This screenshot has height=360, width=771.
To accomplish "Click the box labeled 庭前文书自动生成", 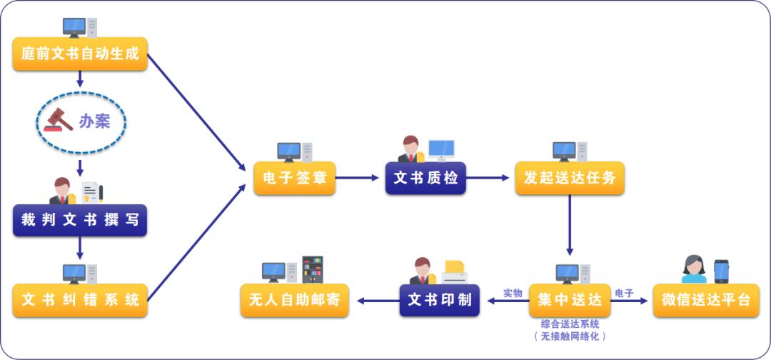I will (x=80, y=54).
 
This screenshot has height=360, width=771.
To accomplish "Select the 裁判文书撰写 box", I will (x=80, y=220).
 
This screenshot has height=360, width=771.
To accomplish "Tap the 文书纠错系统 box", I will (x=80, y=300).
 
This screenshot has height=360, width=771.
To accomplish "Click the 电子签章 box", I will (x=294, y=179).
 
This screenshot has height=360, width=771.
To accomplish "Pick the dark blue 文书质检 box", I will (x=425, y=179).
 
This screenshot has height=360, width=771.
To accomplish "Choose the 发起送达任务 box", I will (x=570, y=179).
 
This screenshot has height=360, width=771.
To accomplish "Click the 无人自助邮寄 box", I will (x=295, y=300).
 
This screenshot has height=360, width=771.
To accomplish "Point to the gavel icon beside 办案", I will (x=59, y=120).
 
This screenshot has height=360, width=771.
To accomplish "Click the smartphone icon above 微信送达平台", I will (x=721, y=271).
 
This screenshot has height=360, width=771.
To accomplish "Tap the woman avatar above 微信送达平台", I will (x=693, y=270).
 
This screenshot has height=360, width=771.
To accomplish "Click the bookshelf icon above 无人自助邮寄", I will (x=312, y=269).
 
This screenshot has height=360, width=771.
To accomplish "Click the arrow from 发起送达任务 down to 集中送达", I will (x=570, y=225).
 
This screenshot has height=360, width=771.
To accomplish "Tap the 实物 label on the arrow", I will (x=512, y=293).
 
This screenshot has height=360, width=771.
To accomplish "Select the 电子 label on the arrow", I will (x=624, y=293).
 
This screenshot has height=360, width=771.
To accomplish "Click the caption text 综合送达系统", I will (x=570, y=324).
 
